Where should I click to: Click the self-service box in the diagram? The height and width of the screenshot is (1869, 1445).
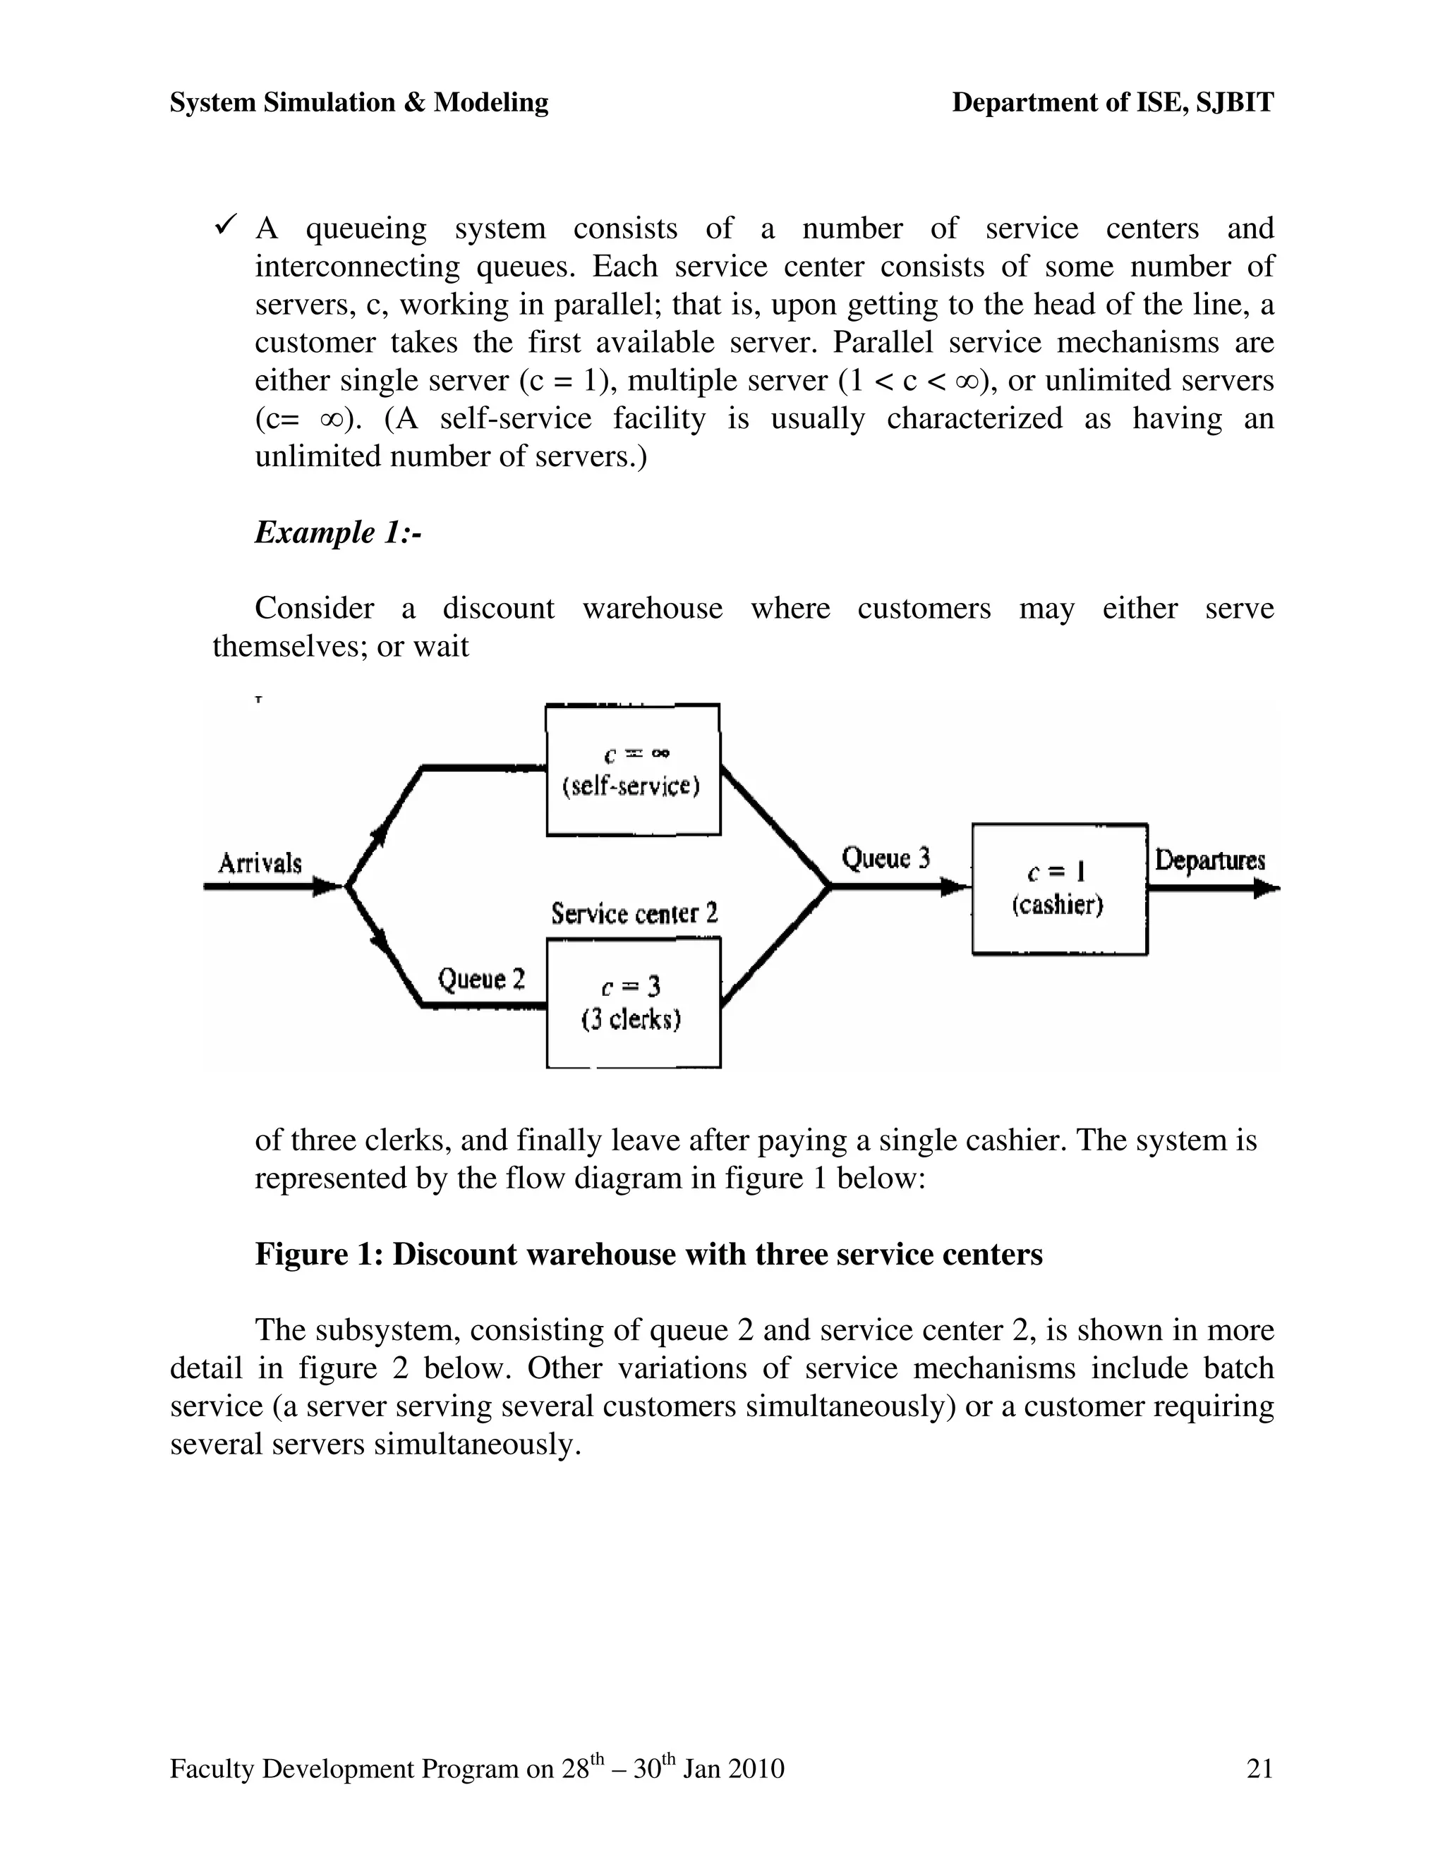tap(633, 769)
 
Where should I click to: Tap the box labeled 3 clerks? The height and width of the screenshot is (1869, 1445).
tap(633, 1003)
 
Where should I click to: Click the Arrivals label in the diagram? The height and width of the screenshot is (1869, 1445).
tap(260, 863)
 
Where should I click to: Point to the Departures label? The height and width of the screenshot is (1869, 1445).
tap(1209, 860)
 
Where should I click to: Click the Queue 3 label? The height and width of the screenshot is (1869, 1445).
tap(885, 858)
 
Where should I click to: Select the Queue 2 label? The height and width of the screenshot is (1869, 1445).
tap(481, 979)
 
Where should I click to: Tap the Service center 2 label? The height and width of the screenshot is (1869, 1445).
tap(634, 914)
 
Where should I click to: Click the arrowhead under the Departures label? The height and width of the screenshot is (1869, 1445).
tap(1267, 889)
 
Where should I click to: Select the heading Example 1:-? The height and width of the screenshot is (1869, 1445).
tap(338, 532)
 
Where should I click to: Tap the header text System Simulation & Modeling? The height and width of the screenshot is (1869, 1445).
tap(358, 103)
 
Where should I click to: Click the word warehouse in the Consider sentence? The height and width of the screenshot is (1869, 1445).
tap(653, 609)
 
